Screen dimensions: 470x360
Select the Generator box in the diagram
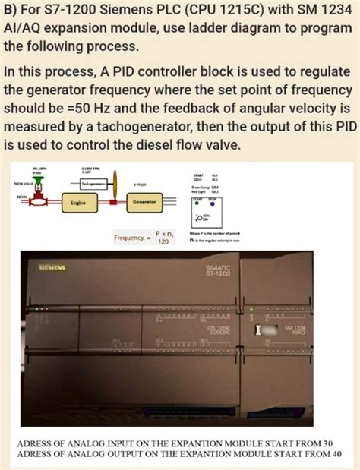pos(144,203)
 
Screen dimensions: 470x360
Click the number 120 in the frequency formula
pos(161,241)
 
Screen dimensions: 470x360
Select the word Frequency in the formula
pos(130,237)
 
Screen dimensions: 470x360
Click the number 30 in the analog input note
pos(327,441)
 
